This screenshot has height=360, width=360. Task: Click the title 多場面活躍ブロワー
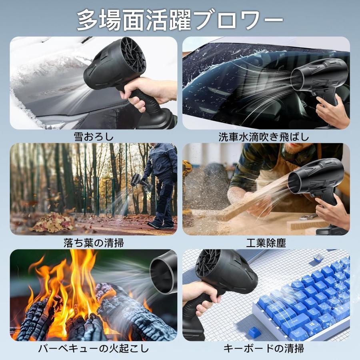[x=180, y=19]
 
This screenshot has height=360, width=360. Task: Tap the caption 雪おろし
[x=93, y=137]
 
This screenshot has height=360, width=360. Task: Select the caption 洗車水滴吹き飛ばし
[x=264, y=137]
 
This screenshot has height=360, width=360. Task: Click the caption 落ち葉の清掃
[x=93, y=242]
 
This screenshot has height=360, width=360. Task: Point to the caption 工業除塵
[x=266, y=242]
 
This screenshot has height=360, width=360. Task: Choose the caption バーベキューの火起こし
[x=93, y=348]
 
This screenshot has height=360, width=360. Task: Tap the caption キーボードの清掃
[x=266, y=348]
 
